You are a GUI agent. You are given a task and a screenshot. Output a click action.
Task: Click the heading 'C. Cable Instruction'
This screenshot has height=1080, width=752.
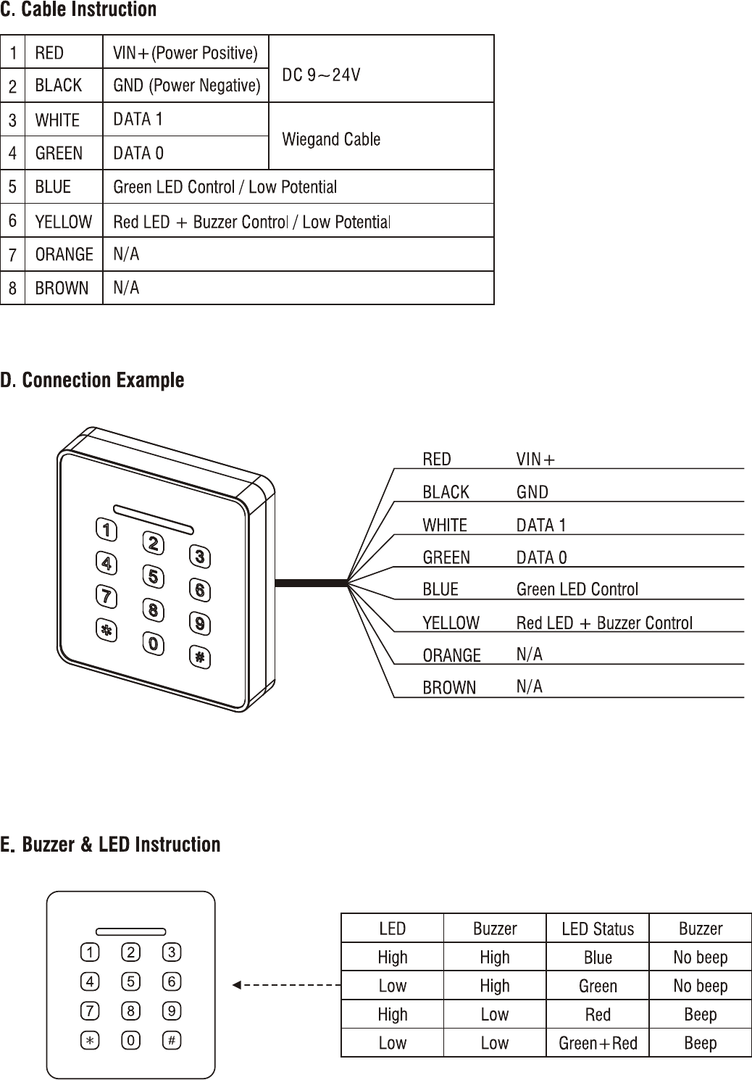78,10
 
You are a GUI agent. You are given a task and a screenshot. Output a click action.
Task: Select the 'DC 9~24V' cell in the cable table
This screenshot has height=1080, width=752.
321,75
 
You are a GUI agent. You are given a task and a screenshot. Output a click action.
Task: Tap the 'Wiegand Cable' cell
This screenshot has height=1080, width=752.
330,139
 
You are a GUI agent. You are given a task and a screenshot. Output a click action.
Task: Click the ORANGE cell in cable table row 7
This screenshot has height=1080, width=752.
64,254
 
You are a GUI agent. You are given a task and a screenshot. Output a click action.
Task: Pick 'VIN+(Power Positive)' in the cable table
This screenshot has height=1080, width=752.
185,53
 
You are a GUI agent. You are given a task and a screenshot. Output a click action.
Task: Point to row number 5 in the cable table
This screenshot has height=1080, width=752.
13,187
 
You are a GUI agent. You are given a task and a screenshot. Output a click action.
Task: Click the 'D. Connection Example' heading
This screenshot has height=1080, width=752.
92,381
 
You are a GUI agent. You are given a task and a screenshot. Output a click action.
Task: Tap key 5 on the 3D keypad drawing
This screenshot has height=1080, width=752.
153,577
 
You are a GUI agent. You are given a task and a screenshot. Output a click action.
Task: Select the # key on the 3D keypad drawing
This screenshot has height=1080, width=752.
200,657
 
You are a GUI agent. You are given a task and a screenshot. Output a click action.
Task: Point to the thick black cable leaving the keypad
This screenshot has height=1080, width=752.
312,581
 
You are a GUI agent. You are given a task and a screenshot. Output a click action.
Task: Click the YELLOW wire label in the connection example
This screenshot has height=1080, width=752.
451,623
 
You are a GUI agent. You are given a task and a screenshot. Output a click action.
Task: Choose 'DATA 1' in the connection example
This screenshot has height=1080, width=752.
541,525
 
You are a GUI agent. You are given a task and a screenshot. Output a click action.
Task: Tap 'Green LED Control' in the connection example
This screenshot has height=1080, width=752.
577,589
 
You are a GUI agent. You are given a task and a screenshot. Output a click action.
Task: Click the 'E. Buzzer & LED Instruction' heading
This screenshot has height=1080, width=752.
110,845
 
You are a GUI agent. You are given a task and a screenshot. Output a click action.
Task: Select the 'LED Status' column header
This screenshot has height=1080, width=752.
598,929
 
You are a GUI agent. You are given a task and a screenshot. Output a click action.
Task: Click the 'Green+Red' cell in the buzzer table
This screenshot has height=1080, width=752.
598,1043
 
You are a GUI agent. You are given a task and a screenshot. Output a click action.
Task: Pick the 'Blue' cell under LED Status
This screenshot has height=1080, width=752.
598,958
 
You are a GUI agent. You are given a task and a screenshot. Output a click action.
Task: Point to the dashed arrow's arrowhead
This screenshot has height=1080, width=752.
236,985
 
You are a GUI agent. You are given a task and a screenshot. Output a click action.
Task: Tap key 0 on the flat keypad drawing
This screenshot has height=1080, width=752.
130,1040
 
